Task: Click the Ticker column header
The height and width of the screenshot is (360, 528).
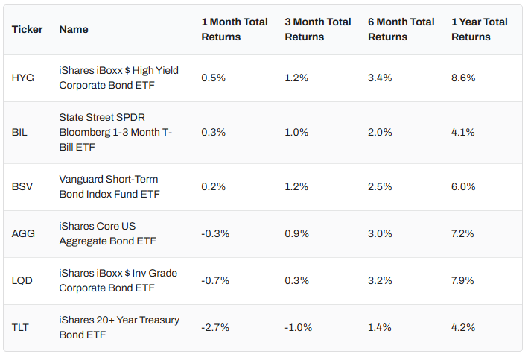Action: point(28,30)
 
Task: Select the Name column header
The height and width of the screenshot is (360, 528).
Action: point(74,30)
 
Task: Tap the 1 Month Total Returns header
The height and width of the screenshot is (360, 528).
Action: point(235,30)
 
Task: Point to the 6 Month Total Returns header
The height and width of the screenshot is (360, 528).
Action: point(401,30)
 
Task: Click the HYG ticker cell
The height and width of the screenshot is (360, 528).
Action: point(23,78)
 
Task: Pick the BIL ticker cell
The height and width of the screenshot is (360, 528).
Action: point(20,133)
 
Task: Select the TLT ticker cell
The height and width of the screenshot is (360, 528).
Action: point(21,327)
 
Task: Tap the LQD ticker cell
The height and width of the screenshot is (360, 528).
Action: point(22,281)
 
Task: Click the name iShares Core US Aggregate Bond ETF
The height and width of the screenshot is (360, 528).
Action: point(107,233)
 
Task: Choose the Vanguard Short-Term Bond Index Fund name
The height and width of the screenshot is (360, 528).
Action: point(109,187)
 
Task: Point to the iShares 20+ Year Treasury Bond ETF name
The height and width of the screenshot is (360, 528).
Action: point(119,327)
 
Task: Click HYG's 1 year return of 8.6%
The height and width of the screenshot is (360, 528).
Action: point(463,78)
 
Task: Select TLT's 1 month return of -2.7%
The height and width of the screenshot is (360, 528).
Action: point(215,327)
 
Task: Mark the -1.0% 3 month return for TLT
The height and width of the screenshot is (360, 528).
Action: point(299,327)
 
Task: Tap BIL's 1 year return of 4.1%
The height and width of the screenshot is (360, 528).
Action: point(463,133)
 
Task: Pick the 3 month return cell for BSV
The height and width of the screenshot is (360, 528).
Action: point(297,187)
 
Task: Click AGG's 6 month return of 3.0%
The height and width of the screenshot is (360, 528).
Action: point(380,233)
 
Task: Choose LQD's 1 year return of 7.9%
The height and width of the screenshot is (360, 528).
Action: point(463,281)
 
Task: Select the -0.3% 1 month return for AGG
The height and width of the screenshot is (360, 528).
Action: point(215,233)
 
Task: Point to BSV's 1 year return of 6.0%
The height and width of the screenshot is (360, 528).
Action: point(463,187)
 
